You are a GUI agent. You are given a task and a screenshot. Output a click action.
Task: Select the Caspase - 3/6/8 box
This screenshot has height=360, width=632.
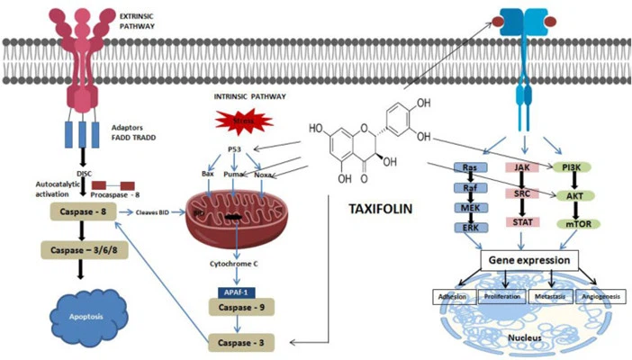[82, 247]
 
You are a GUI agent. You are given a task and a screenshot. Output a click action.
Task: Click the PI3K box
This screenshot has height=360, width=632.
[567, 167]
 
